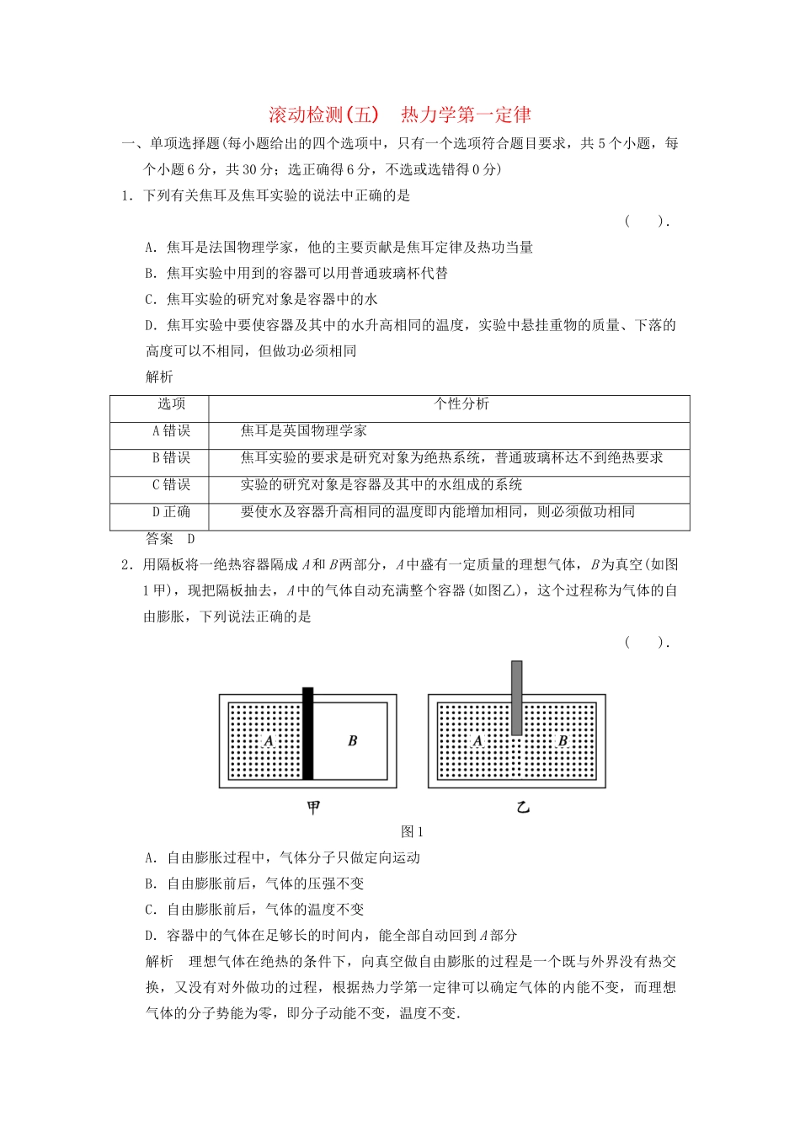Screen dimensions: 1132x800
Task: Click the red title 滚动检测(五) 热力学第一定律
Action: (399, 115)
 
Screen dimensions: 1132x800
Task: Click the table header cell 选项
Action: (172, 404)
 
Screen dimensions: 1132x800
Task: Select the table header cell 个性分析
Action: (461, 404)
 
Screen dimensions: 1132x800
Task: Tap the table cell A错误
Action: (171, 431)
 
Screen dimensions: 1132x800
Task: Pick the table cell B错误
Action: (171, 458)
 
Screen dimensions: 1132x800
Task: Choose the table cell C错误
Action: (171, 485)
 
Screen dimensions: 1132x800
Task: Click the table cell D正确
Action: (171, 512)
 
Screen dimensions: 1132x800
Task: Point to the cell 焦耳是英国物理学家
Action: (304, 431)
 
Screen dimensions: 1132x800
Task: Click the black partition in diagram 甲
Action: (307, 734)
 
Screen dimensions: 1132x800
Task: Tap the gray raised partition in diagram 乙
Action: (516, 697)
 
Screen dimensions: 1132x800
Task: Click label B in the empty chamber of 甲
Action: (352, 741)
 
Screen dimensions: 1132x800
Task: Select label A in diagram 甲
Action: (269, 741)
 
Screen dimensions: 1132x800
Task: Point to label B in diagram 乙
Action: (562, 741)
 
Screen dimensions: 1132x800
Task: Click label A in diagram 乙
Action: (477, 741)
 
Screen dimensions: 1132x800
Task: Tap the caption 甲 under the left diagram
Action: (313, 808)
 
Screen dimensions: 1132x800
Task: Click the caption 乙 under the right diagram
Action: (523, 808)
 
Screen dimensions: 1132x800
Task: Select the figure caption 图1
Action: (412, 832)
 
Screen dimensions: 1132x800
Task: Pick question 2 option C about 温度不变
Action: (254, 910)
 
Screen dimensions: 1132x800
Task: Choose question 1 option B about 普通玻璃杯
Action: (296, 274)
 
